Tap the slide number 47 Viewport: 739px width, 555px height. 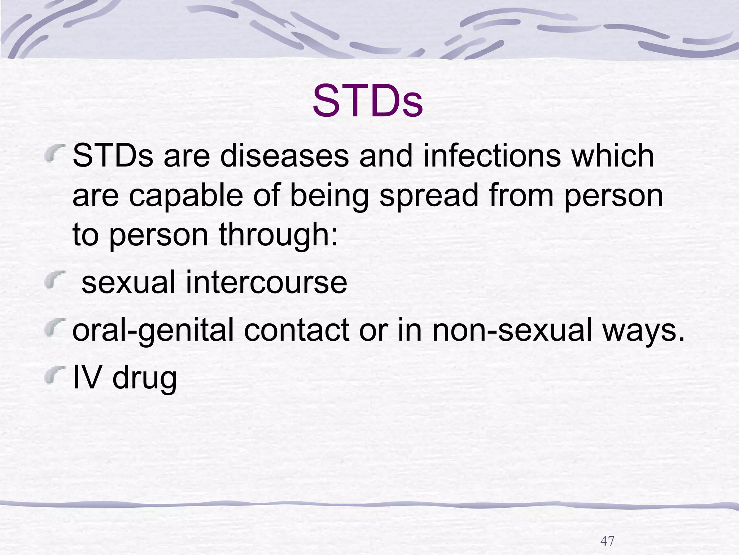click(607, 541)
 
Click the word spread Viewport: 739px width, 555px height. click(429, 196)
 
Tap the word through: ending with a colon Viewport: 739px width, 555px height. click(278, 235)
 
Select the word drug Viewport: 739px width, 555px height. click(144, 379)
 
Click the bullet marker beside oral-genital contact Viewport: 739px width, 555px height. click(52, 328)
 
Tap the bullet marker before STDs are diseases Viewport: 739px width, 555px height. click(52, 153)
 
